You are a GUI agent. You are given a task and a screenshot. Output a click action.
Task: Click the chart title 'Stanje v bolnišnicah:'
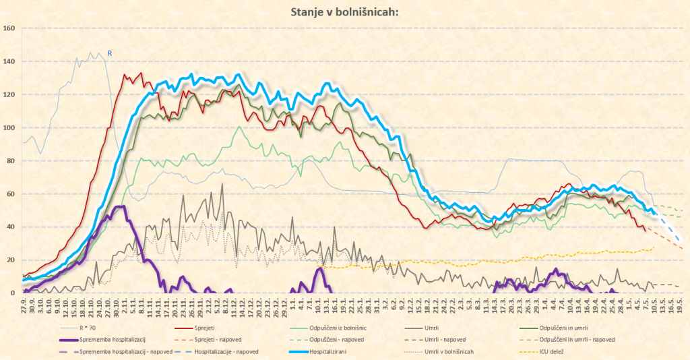tap(344, 11)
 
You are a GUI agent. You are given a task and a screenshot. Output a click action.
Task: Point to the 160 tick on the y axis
tap(9, 28)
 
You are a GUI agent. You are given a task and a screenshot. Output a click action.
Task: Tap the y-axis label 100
tap(9, 127)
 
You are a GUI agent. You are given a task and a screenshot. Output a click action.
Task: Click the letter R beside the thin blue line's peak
tap(110, 53)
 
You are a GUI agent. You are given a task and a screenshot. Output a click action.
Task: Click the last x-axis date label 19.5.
tap(680, 304)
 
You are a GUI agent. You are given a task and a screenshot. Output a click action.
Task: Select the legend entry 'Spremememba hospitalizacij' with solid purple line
tap(112, 340)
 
